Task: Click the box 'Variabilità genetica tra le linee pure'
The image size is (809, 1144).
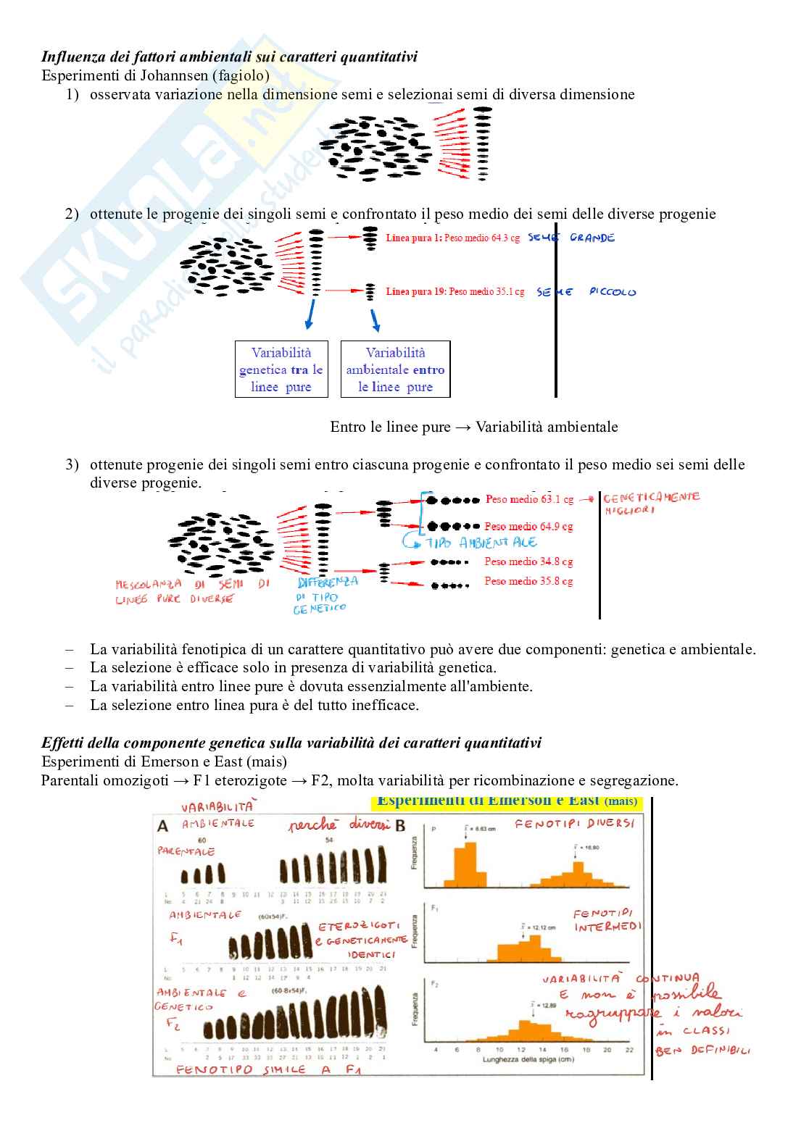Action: tap(281, 369)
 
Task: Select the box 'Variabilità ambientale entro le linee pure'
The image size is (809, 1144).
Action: tap(395, 369)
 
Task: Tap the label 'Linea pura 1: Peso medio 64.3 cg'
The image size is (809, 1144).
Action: tap(453, 238)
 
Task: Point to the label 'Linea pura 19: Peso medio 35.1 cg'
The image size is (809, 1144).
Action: tap(455, 291)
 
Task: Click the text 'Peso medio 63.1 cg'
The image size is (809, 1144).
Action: tap(529, 499)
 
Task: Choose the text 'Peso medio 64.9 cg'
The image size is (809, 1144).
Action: tap(528, 527)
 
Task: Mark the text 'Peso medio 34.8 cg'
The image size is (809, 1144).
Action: tap(528, 561)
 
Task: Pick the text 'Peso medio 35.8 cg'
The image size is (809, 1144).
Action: tap(528, 581)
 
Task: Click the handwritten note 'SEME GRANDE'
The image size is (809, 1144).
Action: tap(571, 238)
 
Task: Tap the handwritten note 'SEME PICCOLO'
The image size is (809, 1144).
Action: tap(586, 292)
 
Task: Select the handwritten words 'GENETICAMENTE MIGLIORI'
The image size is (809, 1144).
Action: tap(651, 503)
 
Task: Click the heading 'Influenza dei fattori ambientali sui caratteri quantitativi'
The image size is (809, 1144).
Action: tap(229, 57)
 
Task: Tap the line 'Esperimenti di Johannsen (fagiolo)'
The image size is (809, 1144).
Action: tap(155, 75)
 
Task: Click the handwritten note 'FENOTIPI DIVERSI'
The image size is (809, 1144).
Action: tap(574, 824)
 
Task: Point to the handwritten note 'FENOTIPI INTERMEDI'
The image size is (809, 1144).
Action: tap(607, 920)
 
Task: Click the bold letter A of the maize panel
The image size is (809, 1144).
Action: tap(163, 826)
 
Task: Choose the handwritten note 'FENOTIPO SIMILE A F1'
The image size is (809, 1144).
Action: tap(268, 1069)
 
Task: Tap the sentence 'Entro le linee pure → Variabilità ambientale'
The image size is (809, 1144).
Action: tap(474, 427)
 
